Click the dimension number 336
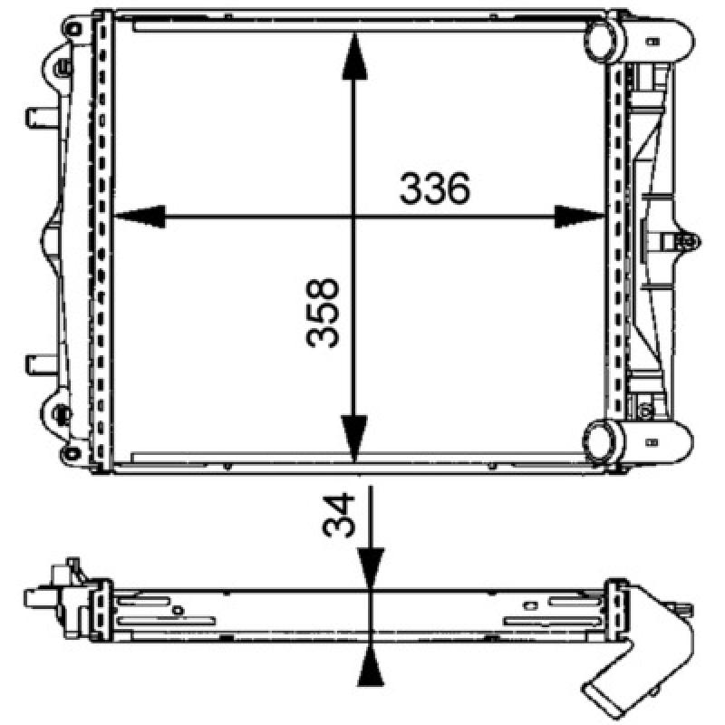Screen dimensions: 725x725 pyautogui.click(x=434, y=188)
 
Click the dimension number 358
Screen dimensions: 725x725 pyautogui.click(x=324, y=313)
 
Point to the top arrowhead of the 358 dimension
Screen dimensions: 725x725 pyautogui.click(x=354, y=58)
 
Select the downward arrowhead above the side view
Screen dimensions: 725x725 pyautogui.click(x=371, y=567)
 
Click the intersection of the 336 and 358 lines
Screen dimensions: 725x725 pyautogui.click(x=354, y=217)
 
